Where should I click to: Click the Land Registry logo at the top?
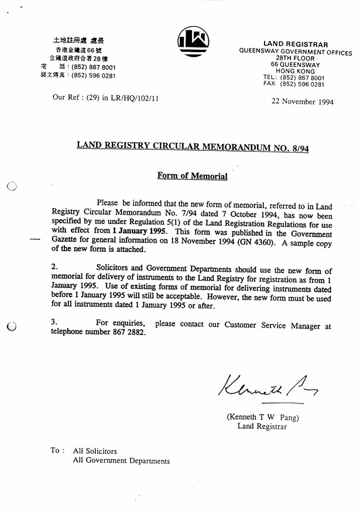pos(193,42)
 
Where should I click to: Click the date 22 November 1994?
pos(303,101)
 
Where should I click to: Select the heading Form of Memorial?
pos(192,175)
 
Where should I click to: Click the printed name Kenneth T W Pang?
pos(263,417)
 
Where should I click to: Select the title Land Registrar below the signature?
pos(262,426)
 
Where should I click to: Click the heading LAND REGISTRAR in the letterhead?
pos(295,44)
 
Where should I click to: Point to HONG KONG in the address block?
pos(295,71)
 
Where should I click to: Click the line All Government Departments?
pos(121,460)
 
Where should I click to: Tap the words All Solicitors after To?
pos(95,451)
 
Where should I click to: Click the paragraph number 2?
pos(54,267)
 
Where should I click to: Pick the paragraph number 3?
pos(54,321)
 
